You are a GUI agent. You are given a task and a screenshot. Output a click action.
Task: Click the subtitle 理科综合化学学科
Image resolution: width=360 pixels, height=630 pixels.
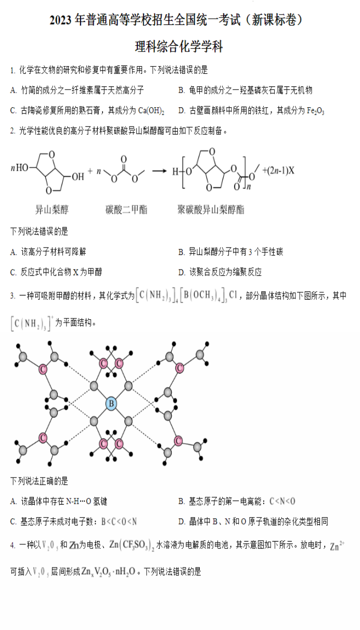[179, 47]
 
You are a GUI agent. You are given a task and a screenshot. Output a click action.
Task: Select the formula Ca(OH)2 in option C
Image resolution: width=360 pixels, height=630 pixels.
[151, 110]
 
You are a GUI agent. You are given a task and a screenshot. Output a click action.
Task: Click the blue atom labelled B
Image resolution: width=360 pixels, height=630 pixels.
[111, 403]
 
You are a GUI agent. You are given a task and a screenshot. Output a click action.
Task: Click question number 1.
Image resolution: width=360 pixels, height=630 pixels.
[12, 70]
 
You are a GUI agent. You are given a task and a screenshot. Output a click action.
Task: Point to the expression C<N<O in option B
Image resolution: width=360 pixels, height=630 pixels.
[282, 501]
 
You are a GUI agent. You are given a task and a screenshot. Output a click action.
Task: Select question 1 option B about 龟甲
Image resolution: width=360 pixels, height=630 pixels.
[245, 90]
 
